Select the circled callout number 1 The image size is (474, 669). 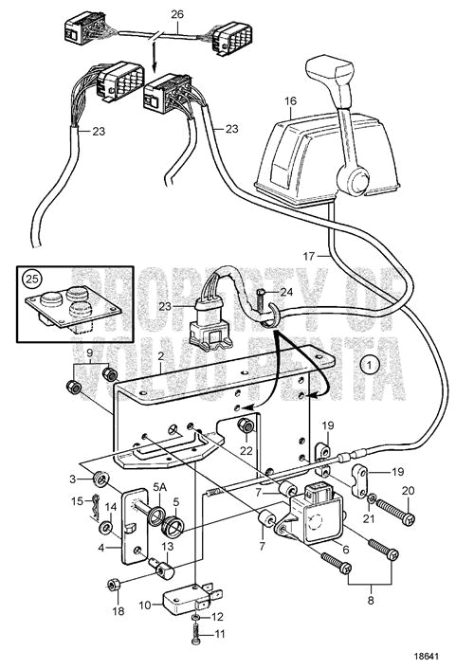pyautogui.click(x=371, y=362)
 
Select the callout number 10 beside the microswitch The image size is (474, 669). pyautogui.click(x=145, y=605)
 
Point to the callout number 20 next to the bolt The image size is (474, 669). pyautogui.click(x=410, y=490)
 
